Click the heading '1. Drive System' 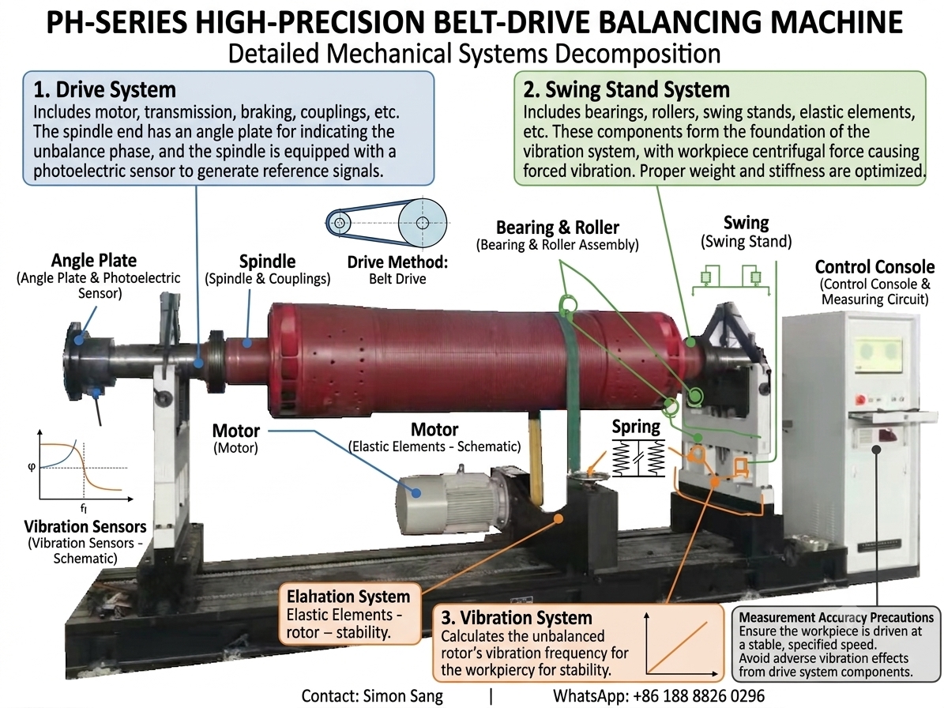click(105, 90)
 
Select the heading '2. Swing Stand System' click(626, 90)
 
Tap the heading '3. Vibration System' click(517, 618)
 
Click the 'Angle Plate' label click(94, 260)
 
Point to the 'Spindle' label click(267, 262)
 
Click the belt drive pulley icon click(386, 223)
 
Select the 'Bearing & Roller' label click(558, 228)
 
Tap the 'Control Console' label click(874, 267)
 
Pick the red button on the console click(861, 398)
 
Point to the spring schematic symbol click(639, 458)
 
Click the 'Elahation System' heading click(348, 597)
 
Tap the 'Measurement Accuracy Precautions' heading click(837, 617)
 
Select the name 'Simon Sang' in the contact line click(402, 696)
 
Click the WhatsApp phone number click(698, 696)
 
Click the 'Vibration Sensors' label click(85, 526)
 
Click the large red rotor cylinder click(476, 361)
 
